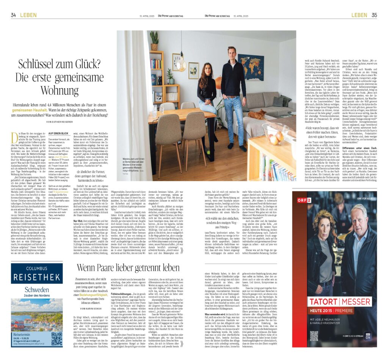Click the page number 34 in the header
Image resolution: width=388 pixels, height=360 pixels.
[x=13, y=15]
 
